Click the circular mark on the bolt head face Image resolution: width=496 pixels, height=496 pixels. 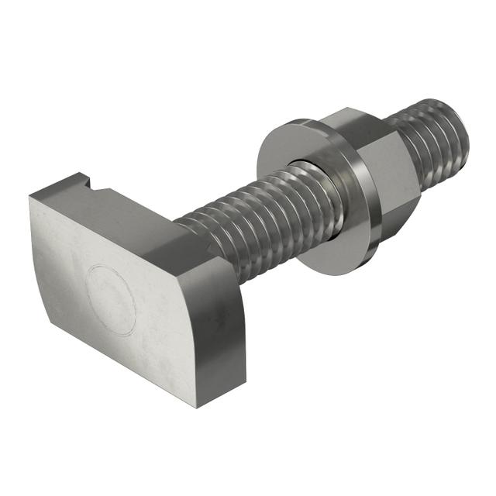click(110, 299)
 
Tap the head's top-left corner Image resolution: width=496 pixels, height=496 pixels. click(31, 197)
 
